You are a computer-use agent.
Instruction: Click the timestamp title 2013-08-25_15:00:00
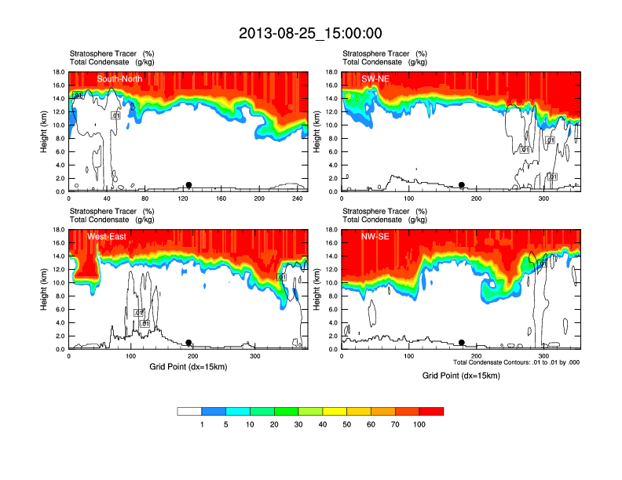point(310,33)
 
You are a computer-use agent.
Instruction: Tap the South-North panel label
point(119,79)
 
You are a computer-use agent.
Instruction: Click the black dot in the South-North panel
point(188,185)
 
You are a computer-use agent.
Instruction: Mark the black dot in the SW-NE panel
point(462,185)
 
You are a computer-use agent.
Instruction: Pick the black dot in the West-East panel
point(188,343)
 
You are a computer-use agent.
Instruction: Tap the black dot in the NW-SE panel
point(462,343)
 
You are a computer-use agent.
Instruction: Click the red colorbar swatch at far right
point(431,411)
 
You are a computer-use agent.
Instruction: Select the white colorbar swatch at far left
point(189,411)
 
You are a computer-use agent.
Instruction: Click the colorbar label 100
point(419,424)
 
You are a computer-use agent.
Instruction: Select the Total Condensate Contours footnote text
point(516,362)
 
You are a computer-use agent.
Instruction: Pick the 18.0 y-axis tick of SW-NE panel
point(332,72)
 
